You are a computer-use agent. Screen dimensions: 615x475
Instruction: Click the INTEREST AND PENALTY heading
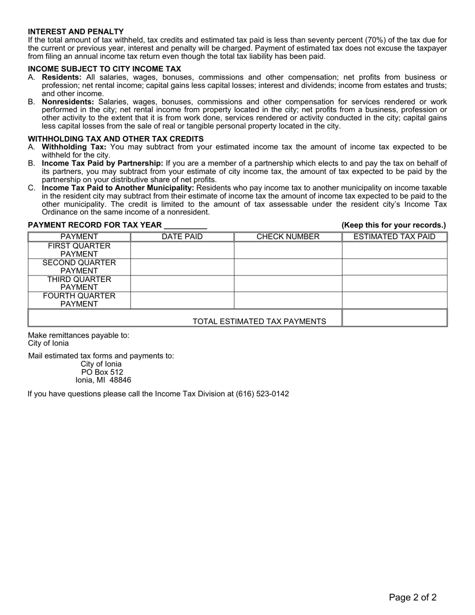pos(76,31)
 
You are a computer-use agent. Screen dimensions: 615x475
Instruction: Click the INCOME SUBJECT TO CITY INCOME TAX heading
pos(104,69)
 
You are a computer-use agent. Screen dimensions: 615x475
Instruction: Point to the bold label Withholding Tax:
pos(74,147)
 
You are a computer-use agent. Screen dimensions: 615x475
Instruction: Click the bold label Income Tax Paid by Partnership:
pos(102,163)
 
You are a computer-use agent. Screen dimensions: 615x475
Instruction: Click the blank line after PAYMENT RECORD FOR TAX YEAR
pos(185,225)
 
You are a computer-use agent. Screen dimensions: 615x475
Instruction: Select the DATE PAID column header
pos(182,237)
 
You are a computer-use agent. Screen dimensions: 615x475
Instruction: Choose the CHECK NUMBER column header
pos(288,237)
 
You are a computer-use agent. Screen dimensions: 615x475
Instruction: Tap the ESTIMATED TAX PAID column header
pos(394,237)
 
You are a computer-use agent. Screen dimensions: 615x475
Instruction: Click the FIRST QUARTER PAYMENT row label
pos(79,250)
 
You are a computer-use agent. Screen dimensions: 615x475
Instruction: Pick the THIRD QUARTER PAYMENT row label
pos(79,283)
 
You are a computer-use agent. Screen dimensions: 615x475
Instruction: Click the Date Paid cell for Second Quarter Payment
pos(182,267)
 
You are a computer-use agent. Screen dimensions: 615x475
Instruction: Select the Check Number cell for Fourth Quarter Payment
pos(288,300)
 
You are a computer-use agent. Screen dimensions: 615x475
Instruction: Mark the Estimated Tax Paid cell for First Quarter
pos(394,250)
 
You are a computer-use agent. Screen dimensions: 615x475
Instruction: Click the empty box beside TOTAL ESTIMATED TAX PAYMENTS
pos(394,318)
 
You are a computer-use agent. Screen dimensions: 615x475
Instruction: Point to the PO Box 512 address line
pos(102,372)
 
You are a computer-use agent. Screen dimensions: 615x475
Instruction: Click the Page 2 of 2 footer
pos(413,597)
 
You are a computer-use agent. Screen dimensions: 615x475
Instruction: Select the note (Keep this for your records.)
pos(393,225)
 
